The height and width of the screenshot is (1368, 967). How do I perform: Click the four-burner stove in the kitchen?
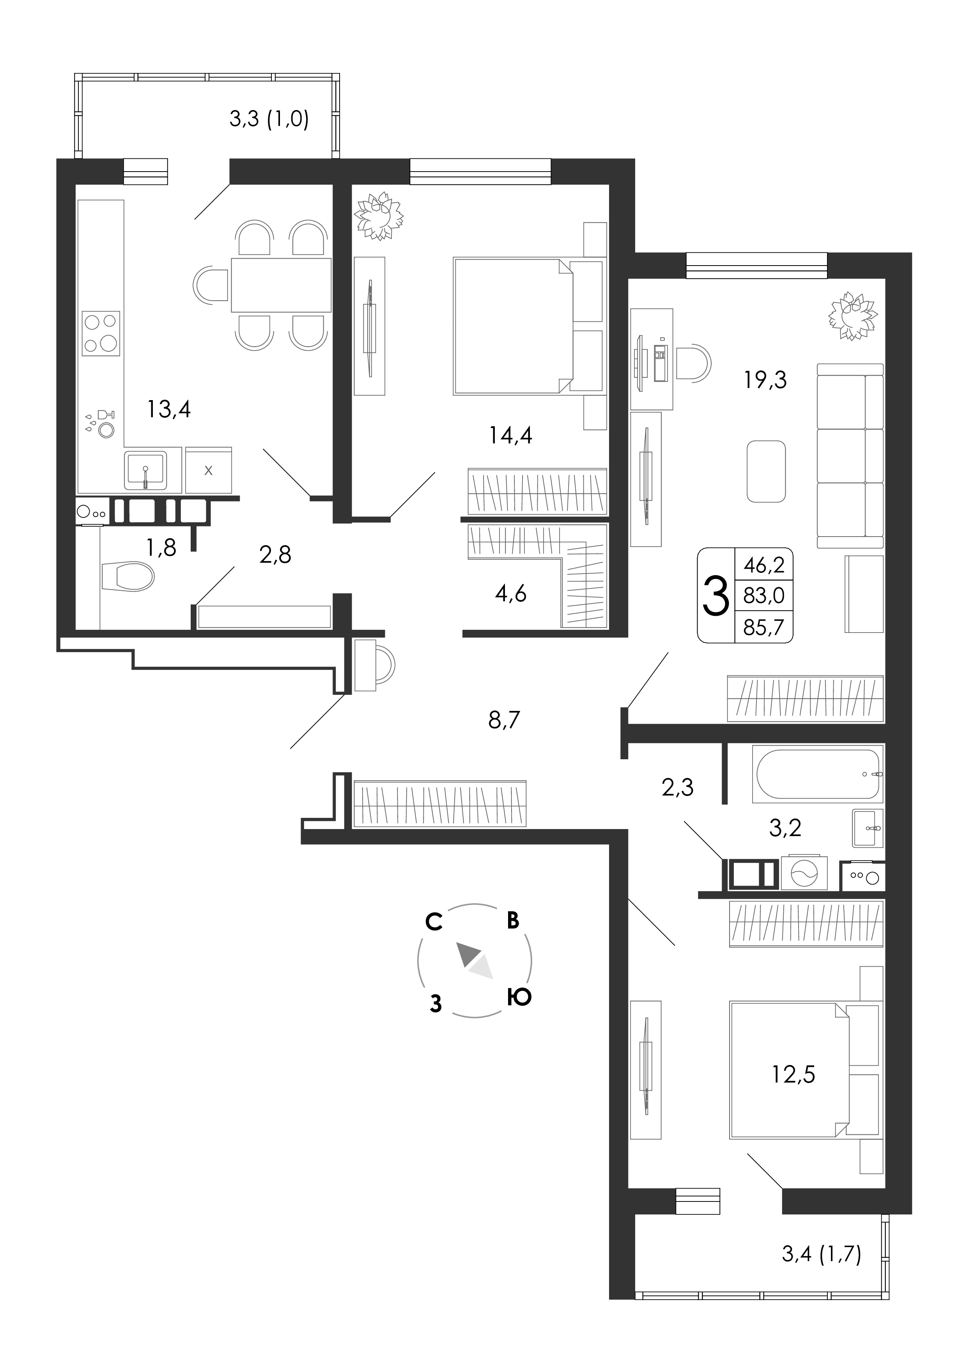pos(100,334)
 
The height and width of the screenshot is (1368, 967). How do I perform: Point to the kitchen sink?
pos(145,470)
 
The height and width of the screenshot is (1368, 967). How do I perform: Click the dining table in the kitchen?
pos(281,285)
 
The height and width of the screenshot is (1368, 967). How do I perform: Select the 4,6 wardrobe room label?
pos(511,594)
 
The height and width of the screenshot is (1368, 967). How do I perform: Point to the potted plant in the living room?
pos(853,316)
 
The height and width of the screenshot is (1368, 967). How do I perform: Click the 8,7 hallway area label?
pos(504,720)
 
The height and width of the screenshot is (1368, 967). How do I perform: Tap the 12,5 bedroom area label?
pos(793,1074)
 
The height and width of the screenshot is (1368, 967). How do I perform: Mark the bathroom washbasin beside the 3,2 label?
pos(868,828)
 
